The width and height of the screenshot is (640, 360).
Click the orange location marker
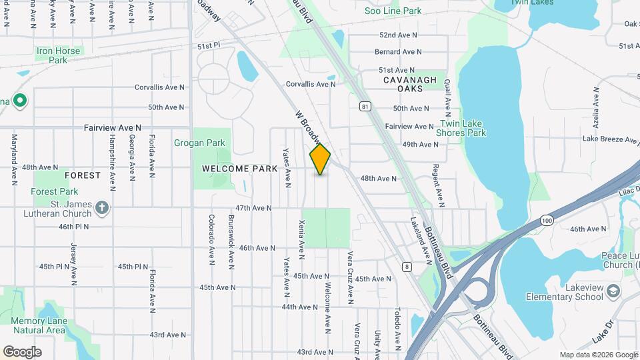point(320,160)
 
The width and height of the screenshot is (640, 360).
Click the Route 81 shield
point(364,106)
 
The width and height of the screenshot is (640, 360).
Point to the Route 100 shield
point(547,219)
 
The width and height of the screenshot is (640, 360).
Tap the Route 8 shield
point(407,267)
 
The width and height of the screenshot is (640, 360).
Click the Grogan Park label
point(200,143)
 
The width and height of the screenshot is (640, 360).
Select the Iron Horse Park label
point(59,55)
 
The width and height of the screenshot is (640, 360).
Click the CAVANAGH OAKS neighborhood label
point(409,84)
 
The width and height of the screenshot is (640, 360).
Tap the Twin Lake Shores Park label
point(461,128)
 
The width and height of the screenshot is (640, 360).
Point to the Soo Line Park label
point(393,11)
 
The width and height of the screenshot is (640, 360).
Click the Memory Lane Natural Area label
point(39,325)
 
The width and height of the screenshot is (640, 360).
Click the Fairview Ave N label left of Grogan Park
point(113,127)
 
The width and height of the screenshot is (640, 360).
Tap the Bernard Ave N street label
point(398,51)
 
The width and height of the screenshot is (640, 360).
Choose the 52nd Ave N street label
point(398,35)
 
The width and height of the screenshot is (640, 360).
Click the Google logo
point(22,351)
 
